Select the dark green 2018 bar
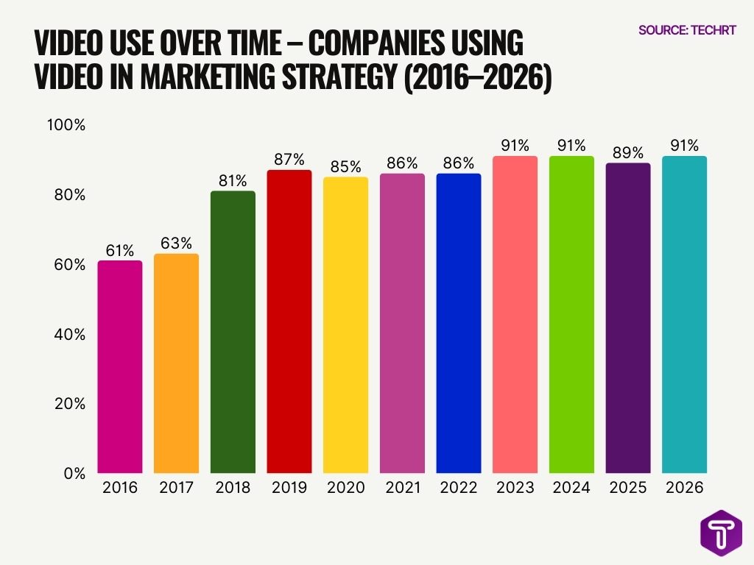(233, 332)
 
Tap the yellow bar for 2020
(345, 324)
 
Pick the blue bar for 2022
(459, 323)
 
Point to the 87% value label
(289, 160)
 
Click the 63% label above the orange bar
(176, 243)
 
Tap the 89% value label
(628, 152)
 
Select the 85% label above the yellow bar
(345, 166)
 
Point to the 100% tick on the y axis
(66, 125)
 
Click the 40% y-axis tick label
(69, 334)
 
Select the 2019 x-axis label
(289, 488)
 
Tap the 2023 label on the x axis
(515, 488)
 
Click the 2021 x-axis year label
(402, 488)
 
